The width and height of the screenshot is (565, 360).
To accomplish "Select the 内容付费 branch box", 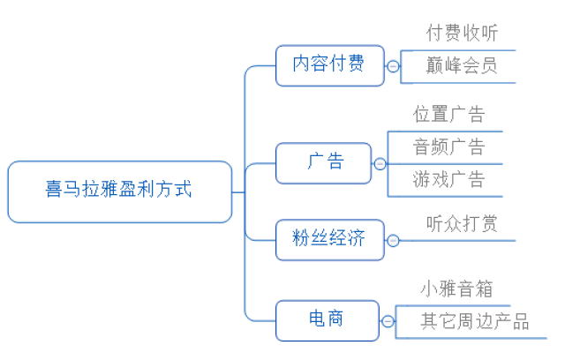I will coord(329,65).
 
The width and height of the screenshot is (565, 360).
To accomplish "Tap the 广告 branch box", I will coord(324,163).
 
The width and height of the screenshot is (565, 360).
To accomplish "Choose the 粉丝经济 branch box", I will coord(329,239).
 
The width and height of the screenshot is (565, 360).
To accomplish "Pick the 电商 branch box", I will coord(326,320).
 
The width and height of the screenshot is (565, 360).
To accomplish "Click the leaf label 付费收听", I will coord(462,34).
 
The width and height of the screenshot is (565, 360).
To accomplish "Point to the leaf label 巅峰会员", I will coord(462,66).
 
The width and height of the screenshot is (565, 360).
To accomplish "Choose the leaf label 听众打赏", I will coord(462,224).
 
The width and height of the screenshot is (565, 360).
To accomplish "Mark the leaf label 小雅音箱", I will coord(456,289).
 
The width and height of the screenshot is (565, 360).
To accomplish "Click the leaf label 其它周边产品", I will coord(474,321).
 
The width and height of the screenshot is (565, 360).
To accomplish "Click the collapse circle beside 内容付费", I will coord(393,66).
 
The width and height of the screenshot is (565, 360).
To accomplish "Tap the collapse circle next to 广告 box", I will coord(380,164).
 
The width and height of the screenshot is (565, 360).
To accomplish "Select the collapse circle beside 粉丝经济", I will coord(393,240).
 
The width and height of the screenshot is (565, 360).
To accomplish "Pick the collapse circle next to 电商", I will coord(388,321).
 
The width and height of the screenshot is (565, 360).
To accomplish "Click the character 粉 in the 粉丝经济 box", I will coord(303,239).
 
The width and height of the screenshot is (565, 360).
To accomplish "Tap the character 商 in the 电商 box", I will coord(336,320).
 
